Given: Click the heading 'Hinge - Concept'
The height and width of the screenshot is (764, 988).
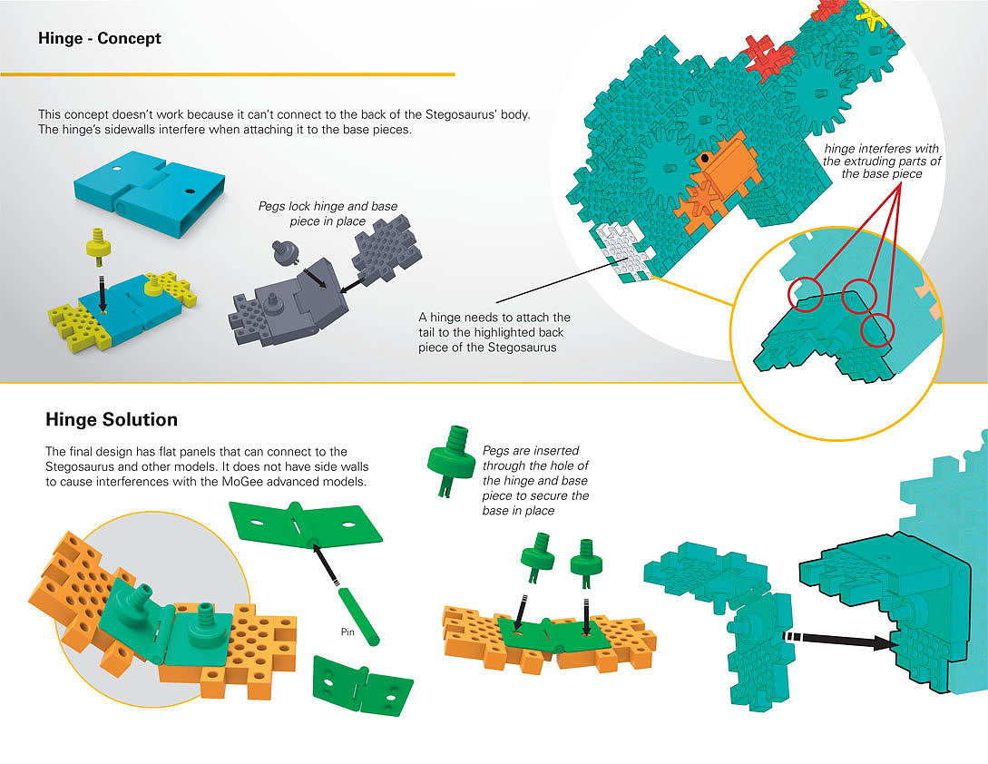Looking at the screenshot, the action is pyautogui.click(x=100, y=39).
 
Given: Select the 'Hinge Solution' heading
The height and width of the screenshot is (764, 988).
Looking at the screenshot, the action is pyautogui.click(x=112, y=420).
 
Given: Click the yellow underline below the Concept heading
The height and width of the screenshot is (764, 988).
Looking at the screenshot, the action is pyautogui.click(x=227, y=73).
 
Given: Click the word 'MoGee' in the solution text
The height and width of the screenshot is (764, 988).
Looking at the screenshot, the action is pyautogui.click(x=239, y=481).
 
